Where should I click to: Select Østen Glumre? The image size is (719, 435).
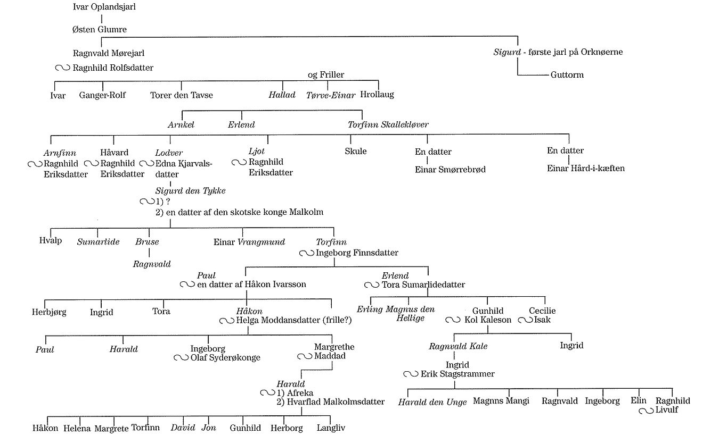pos(100,29)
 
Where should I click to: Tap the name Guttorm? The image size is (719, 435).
pos(567,75)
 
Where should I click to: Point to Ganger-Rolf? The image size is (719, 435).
pos(102,96)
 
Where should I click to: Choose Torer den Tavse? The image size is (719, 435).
pos(181,96)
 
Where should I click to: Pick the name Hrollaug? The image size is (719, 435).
pos(377,95)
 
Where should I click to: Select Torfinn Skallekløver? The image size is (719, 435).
pos(388,125)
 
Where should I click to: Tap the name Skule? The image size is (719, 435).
pos(356,151)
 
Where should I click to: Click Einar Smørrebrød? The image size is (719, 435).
pos(450,170)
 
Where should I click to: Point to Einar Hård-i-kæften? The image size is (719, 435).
pos(585,169)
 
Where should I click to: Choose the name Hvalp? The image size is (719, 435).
pos(51,240)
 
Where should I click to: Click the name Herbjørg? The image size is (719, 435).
pos(49,312)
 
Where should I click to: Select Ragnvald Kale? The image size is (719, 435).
pos(458,347)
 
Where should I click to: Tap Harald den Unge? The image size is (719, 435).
pos(432,402)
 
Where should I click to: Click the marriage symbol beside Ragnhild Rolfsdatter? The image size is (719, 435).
pos(62,68)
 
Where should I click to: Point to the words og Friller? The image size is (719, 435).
pos(326,75)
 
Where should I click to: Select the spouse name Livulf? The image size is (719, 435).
pos(667,410)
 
